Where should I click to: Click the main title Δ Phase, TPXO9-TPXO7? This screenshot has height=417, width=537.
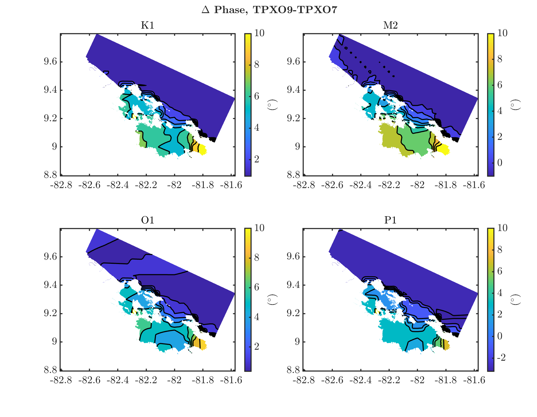pyautogui.click(x=269, y=10)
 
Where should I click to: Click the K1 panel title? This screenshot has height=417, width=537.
pyautogui.click(x=147, y=25)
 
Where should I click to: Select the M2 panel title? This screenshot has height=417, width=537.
pyautogui.click(x=390, y=25)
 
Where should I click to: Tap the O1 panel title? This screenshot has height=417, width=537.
pyautogui.click(x=147, y=220)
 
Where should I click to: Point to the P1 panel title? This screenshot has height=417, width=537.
pyautogui.click(x=390, y=220)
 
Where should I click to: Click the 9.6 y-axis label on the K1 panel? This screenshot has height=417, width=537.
pyautogui.click(x=50, y=62)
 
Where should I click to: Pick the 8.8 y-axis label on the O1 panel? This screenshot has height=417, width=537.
pyautogui.click(x=50, y=370)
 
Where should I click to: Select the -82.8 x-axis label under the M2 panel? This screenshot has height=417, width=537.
pyautogui.click(x=304, y=185)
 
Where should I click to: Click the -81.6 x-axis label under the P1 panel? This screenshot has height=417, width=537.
pyautogui.click(x=474, y=380)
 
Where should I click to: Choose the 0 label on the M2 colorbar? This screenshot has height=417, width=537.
pyautogui.click(x=500, y=163)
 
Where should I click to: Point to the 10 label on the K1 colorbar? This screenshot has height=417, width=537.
pyautogui.click(x=259, y=33)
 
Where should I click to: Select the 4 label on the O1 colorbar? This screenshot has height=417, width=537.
pyautogui.click(x=257, y=317)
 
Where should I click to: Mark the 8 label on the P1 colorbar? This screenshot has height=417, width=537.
pyautogui.click(x=500, y=250)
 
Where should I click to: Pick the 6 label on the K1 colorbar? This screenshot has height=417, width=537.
pyautogui.click(x=257, y=96)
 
